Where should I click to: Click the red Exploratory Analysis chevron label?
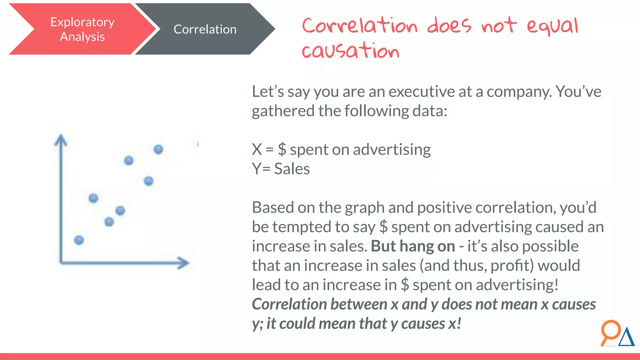82,29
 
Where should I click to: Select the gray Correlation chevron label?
205,29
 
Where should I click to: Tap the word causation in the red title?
351,51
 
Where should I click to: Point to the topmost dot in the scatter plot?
158,149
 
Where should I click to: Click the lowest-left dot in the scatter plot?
79,240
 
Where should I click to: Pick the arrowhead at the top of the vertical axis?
61,140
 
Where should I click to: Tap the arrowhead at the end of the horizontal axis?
184,263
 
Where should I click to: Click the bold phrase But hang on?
413,246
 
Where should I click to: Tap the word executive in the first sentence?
422,92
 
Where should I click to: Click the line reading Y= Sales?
281,169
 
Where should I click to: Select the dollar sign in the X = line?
282,149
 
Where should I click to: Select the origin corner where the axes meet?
61,262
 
